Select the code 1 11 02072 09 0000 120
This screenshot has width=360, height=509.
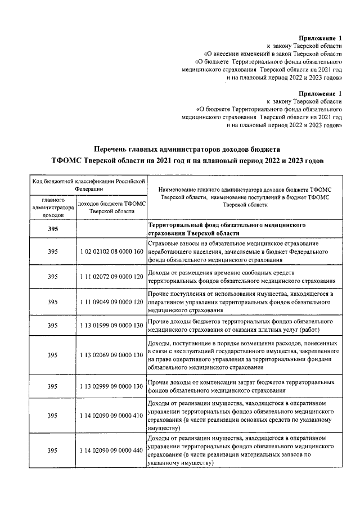[111, 276]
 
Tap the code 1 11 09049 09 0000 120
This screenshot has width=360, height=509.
[111, 301]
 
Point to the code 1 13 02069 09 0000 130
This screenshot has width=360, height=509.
[111, 355]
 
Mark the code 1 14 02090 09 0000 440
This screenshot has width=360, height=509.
[111, 450]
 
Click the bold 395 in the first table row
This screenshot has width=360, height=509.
[53, 229]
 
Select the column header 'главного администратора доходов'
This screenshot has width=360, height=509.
[53, 207]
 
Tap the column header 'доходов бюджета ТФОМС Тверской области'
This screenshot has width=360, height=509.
[111, 207]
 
